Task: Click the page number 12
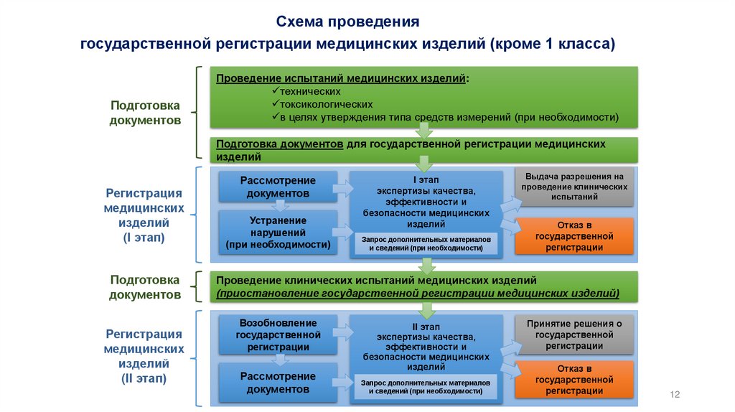tap(674, 395)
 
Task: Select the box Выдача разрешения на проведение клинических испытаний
tap(574, 186)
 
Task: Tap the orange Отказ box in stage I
tap(574, 235)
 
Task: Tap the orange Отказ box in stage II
tap(574, 379)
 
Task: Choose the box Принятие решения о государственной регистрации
tap(574, 334)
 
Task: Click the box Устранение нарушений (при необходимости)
tap(278, 233)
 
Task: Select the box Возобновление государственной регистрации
tap(278, 334)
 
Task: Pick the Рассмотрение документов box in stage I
tap(278, 187)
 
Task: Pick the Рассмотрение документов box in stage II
tap(278, 383)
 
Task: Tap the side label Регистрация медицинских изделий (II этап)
tap(144, 356)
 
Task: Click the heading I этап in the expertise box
tap(426, 179)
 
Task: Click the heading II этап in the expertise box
tap(426, 326)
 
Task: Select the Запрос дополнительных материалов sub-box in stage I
tap(426, 243)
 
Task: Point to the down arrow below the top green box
tap(424, 130)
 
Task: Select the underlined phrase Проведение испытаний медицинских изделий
tap(341, 78)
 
